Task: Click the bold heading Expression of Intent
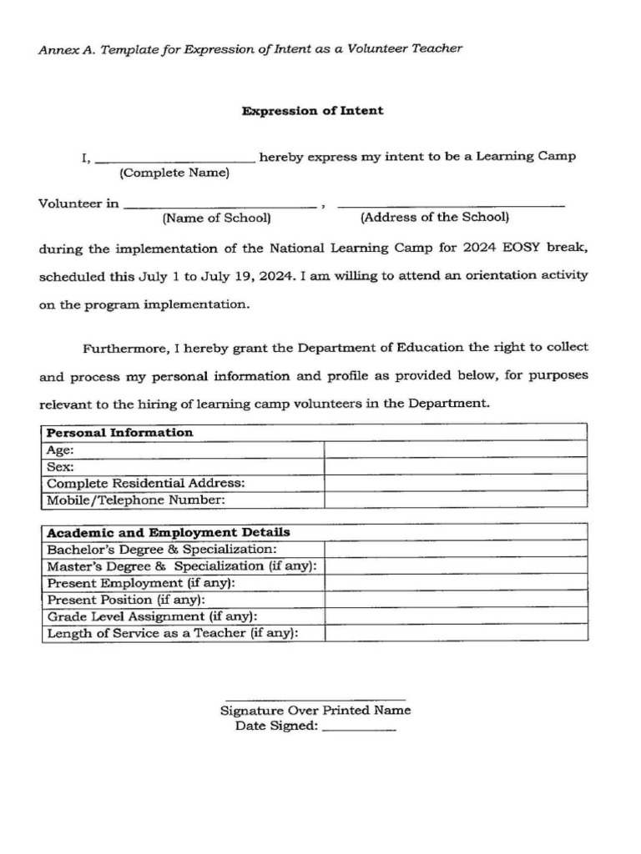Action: click(x=312, y=111)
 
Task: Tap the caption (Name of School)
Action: click(x=216, y=218)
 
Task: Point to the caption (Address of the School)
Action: click(x=434, y=218)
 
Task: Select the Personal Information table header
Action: click(x=120, y=433)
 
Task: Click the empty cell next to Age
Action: click(x=455, y=450)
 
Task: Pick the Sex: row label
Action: click(x=61, y=467)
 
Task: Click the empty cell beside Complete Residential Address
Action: click(x=455, y=484)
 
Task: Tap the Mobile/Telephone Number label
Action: click(x=136, y=500)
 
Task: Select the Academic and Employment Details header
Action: click(x=169, y=532)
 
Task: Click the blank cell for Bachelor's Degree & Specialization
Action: click(x=455, y=550)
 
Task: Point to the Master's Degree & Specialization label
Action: click(x=181, y=566)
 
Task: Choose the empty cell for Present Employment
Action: click(x=455, y=583)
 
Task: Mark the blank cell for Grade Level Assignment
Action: click(x=455, y=616)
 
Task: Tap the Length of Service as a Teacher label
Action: click(x=172, y=633)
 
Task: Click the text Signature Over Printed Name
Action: click(x=315, y=711)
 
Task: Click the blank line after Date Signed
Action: click(x=358, y=728)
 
